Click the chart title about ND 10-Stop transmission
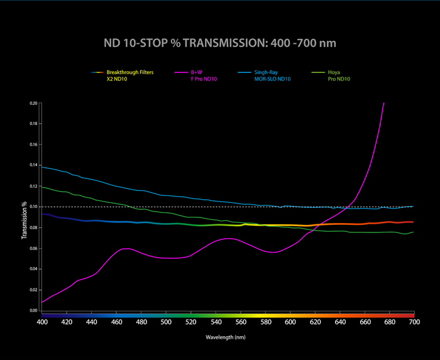point(220,43)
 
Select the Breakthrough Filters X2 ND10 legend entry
point(129,76)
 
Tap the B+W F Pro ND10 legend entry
point(204,76)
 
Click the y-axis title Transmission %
point(25,221)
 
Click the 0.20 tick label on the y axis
point(33,103)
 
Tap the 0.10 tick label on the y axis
point(33,207)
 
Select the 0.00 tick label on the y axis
point(33,310)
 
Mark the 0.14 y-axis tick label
point(33,165)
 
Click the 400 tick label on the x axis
point(42,322)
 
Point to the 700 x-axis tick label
point(414,322)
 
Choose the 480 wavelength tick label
point(141,322)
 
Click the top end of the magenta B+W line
point(383,103)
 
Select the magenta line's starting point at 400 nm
point(42,302)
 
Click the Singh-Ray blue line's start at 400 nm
point(42,166)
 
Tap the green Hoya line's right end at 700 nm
point(413,232)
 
